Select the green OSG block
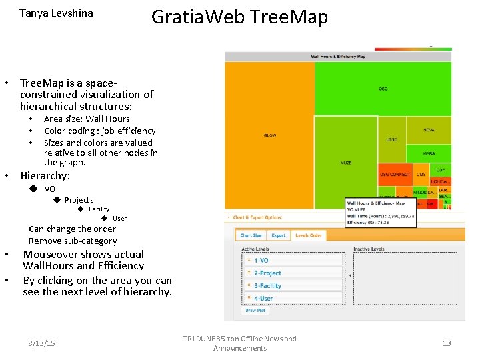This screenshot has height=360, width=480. pos(383,88)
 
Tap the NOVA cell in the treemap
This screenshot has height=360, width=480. pos(429,131)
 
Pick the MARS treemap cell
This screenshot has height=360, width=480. pos(429,154)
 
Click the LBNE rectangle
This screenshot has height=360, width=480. pos(391,139)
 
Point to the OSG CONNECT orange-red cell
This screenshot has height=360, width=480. pos(395,175)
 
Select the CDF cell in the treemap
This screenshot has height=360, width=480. pos(441,170)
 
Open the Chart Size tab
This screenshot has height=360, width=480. pos(251,235)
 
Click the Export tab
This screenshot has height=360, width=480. pos(278,235)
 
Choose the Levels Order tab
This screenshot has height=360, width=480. pos(308,235)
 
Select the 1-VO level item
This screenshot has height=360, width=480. pos(293,260)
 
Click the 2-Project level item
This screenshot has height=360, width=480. pos(293,273)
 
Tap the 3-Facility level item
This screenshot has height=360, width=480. pos(293,286)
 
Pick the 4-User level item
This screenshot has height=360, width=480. pos(293,299)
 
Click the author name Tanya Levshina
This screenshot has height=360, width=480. pos(57,13)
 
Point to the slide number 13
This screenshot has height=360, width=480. pos(447,343)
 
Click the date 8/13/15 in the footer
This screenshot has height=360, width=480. pos(42,343)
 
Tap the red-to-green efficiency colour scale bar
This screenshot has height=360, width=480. pos(413,49)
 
